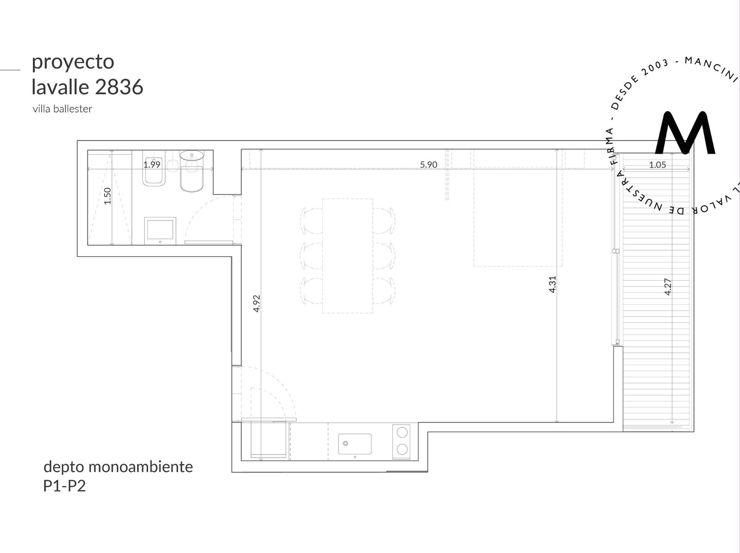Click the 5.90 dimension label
(x=428, y=165)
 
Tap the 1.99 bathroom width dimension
(x=152, y=165)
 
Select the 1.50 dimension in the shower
(x=107, y=196)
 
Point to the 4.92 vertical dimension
(x=257, y=304)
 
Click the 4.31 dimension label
(x=552, y=284)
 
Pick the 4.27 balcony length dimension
(x=668, y=287)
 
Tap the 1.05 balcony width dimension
(x=657, y=165)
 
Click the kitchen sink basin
(x=355, y=444)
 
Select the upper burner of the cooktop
(x=402, y=432)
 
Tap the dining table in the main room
(x=348, y=256)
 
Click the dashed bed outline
(x=518, y=208)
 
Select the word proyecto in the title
(x=73, y=63)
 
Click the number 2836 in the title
(x=119, y=87)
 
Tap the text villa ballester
(x=62, y=109)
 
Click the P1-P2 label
(x=64, y=486)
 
